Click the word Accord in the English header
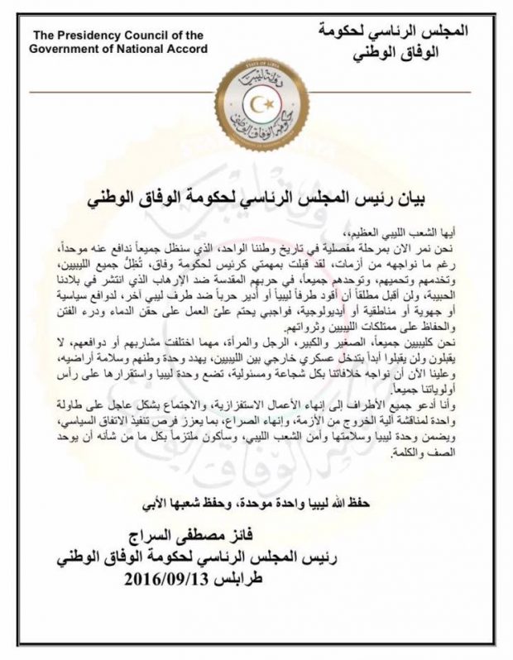coord(187,47)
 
